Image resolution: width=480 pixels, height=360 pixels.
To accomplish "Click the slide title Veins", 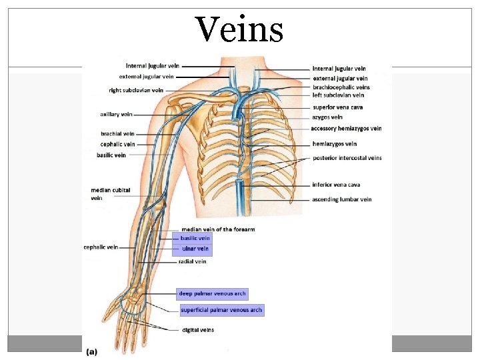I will [239, 29].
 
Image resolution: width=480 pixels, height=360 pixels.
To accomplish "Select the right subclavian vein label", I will [136, 90].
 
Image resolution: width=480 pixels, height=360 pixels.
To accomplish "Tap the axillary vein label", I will [116, 115].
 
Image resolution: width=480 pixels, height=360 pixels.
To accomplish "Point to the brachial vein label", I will [118, 134].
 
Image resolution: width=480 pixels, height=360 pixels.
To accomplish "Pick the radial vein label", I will [193, 261].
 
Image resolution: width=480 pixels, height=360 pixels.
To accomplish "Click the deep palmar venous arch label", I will [212, 293].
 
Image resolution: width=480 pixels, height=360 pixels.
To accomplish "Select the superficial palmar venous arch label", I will [222, 310].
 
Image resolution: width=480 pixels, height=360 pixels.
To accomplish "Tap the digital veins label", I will [198, 330].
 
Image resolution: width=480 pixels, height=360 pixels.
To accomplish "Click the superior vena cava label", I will [337, 107].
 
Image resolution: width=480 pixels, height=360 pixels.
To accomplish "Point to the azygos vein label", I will [327, 117].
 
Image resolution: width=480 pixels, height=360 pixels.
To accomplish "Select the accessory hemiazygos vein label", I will [347, 129].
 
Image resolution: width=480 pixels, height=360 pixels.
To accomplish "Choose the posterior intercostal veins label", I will [347, 158].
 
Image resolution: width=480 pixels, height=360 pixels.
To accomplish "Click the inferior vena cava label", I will [336, 185].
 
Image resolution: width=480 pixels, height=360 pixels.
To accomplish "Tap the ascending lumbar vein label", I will [342, 199].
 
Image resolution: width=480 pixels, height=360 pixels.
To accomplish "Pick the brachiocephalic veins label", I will [341, 87].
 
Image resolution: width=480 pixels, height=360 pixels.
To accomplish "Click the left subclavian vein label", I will [338, 95].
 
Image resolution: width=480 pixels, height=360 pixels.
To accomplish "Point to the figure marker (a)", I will [92, 351].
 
